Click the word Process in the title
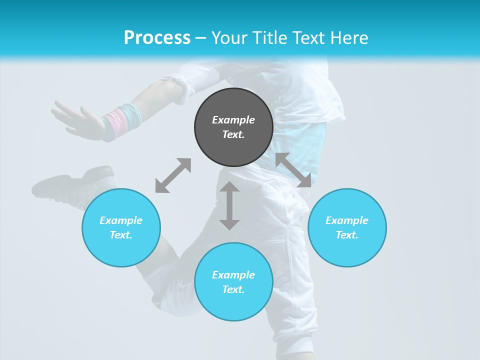[157, 38]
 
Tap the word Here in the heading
[348, 38]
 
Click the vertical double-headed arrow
[229, 206]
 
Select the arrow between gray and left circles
[173, 175]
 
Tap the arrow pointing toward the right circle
[293, 170]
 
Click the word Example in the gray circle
[233, 120]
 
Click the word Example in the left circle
[121, 220]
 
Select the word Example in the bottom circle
[233, 275]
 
